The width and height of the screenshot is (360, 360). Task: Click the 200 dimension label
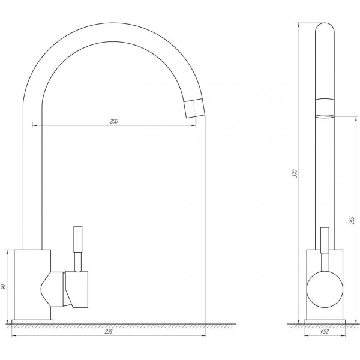point(113,121)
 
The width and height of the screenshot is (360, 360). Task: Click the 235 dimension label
point(109,332)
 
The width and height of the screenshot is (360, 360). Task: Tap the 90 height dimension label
point(3,287)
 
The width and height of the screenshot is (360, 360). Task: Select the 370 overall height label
point(295,173)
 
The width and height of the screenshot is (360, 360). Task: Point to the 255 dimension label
point(352,220)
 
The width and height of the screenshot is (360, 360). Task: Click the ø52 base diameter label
point(325,332)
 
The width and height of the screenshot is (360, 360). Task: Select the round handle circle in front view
point(325,290)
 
